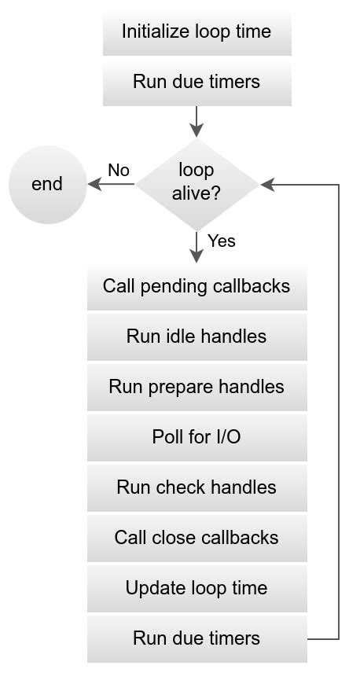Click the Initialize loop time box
point(197,31)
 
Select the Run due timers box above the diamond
point(197,82)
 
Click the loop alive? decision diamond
point(197,184)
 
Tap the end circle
point(47,185)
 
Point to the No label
point(119,171)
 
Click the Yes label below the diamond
point(221,241)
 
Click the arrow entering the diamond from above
point(197,123)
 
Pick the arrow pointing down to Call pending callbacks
point(197,247)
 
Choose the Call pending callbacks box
point(197,286)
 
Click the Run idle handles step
point(197,336)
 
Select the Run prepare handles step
point(197,387)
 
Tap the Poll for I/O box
point(197,437)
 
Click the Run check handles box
point(197,487)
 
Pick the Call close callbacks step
point(197,538)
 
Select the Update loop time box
point(197,588)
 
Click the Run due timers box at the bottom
point(197,638)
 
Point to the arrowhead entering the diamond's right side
point(267,185)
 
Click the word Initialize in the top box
point(154,31)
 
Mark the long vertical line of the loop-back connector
point(339,409)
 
